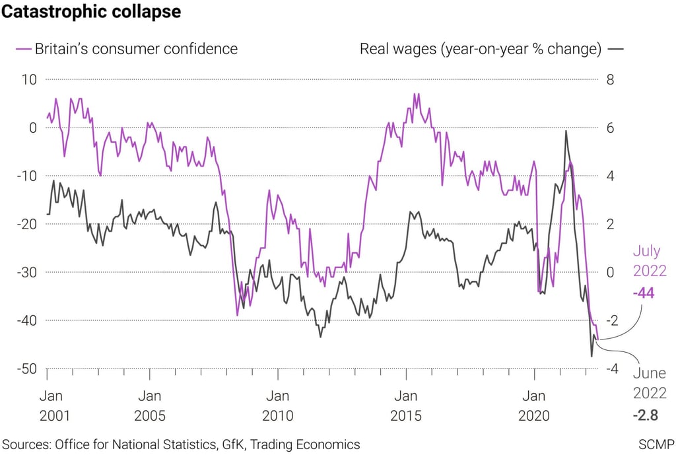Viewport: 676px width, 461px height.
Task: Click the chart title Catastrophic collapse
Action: point(92,12)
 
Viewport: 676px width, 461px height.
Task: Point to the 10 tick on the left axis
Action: point(29,79)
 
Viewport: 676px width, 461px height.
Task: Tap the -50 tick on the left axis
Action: point(26,369)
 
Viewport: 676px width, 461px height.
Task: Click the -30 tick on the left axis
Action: point(26,272)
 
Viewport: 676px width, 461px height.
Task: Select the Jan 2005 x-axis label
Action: point(149,407)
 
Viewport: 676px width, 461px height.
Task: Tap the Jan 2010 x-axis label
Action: point(277,407)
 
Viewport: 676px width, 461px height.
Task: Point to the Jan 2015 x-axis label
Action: point(405,407)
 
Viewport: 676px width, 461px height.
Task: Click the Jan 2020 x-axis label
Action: point(533,407)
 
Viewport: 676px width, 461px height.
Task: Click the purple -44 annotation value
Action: point(643,293)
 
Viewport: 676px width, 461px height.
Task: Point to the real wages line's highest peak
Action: point(566,131)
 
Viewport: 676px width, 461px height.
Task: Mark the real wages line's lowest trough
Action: point(591,356)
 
